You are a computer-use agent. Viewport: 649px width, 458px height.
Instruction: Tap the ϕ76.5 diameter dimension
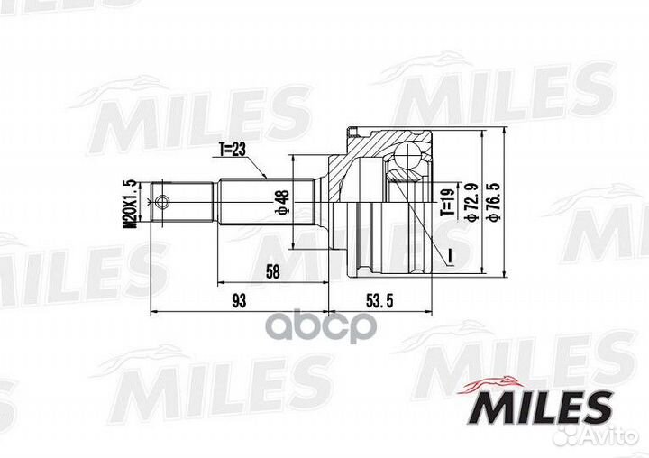492,200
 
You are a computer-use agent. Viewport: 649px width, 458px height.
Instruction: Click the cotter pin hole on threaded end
162,201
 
